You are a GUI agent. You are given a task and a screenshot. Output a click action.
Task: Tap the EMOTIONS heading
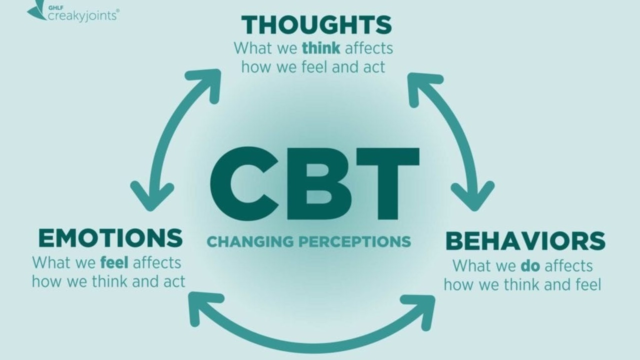pyautogui.click(x=110, y=238)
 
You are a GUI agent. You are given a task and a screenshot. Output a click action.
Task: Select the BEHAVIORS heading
pyautogui.click(x=525, y=241)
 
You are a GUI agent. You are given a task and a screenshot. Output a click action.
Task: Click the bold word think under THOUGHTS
pyautogui.click(x=321, y=48)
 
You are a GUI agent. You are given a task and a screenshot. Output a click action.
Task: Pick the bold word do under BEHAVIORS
pyautogui.click(x=530, y=265)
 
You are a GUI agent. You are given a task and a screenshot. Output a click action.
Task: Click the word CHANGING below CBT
pyautogui.click(x=249, y=242)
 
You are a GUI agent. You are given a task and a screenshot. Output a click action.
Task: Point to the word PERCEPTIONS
pyautogui.click(x=354, y=242)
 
